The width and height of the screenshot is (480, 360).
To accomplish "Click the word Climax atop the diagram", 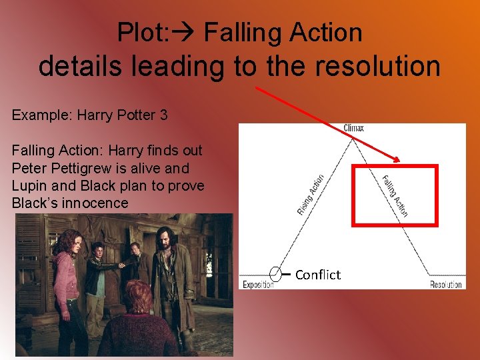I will pos(353,127).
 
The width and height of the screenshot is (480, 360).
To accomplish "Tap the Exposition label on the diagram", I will pos(258,285).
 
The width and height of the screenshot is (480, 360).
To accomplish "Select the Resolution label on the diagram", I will pos(445,285).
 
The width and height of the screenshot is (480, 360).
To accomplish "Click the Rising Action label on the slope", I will pos(311,194).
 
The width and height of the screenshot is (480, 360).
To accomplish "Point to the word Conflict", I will pos(317,275).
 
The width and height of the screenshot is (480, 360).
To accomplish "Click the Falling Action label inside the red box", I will pos(395,195).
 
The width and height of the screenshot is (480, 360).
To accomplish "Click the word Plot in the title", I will pos(137,32).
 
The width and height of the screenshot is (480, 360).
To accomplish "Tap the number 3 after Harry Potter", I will pos(163,115).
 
